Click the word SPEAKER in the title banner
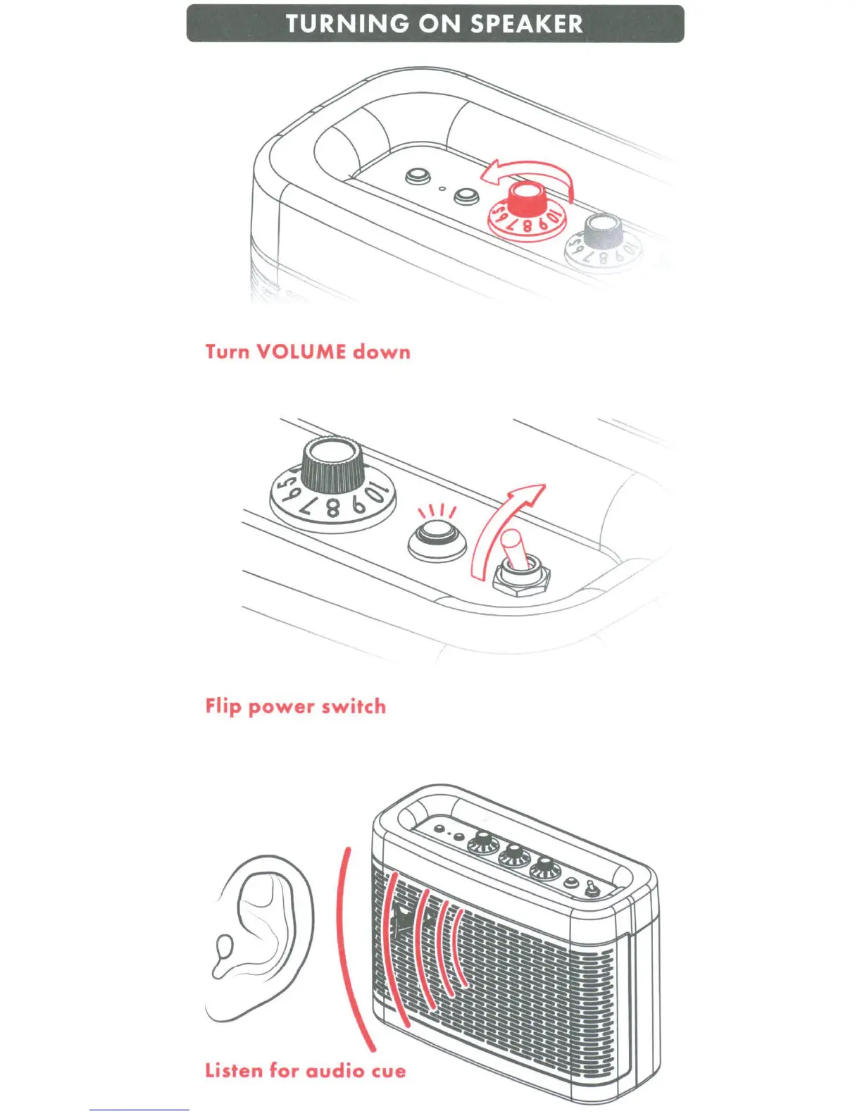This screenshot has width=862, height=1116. point(526,24)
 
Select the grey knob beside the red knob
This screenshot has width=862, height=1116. point(604,230)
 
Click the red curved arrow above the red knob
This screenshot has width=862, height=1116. point(528,173)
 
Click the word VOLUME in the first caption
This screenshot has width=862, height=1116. point(301,352)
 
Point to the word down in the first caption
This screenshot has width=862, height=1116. point(382,352)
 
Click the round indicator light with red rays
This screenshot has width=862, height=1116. point(437,540)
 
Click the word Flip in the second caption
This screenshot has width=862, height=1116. point(223,707)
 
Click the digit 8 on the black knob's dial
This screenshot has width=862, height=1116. point(331,507)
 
